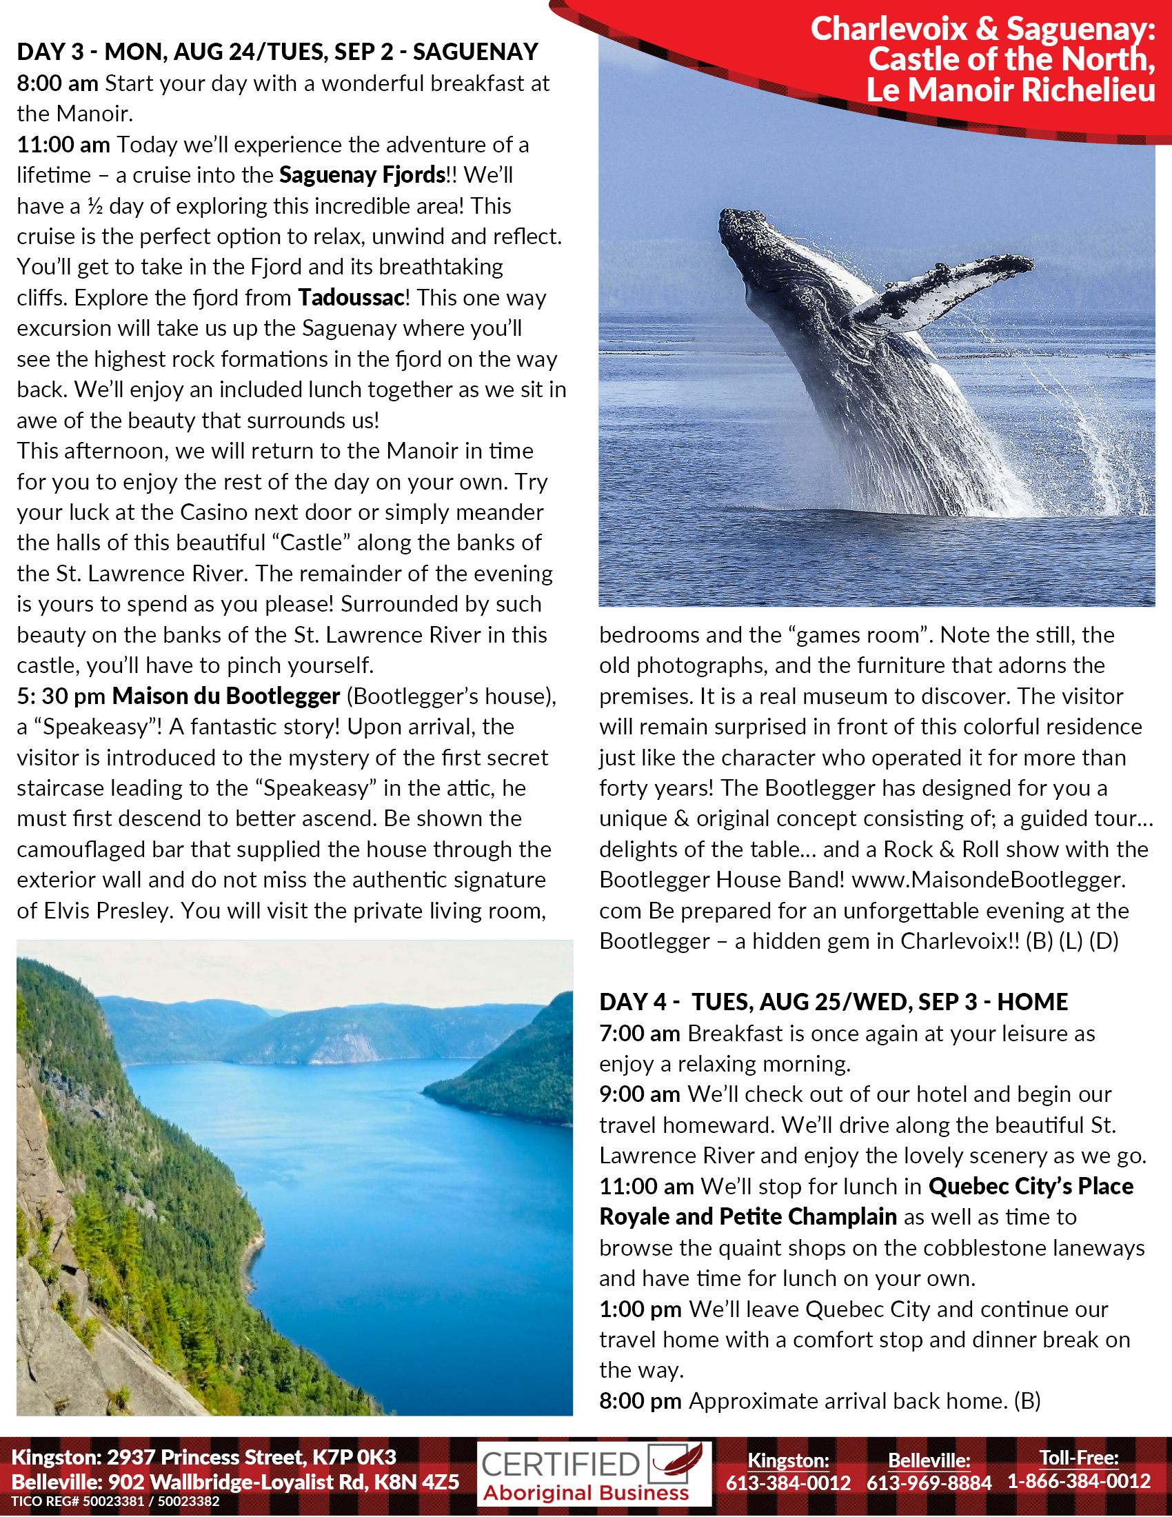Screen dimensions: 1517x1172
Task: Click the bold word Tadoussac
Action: tap(352, 298)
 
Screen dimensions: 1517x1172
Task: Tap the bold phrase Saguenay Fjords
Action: tap(362, 175)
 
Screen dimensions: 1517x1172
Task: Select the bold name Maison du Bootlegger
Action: tap(226, 696)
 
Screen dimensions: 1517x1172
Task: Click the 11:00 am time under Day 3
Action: tap(63, 145)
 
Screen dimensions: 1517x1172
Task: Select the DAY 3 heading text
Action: tap(277, 52)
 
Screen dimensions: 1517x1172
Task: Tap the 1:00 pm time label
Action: tap(640, 1309)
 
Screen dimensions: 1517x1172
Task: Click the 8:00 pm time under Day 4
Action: tap(640, 1401)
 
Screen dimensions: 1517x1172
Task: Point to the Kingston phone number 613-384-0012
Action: tap(788, 1483)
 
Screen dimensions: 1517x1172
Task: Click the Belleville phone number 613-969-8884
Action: tap(929, 1483)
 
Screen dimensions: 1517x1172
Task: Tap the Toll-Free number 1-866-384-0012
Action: tap(1079, 1481)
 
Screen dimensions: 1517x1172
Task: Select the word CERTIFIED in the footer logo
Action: tap(560, 1464)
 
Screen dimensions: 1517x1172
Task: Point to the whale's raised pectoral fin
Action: tap(944, 288)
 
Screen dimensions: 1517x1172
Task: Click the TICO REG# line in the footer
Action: tap(115, 1501)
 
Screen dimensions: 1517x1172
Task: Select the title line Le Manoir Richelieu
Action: tap(1010, 91)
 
